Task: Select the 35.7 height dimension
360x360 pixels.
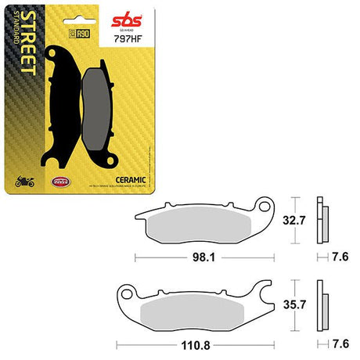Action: tap(293, 302)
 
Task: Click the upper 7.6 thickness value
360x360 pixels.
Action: tap(340, 255)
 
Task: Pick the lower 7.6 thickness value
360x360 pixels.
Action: tap(340, 342)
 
